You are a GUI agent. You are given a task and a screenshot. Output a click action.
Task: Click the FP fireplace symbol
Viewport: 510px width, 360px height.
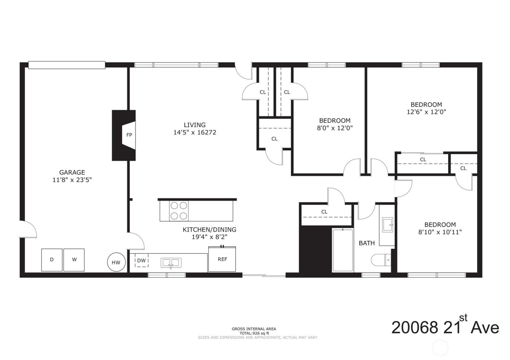(x=129, y=135)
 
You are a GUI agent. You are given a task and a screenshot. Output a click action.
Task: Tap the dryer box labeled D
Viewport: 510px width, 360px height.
(x=52, y=260)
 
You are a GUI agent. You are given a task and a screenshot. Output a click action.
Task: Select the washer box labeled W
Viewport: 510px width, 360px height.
(x=74, y=260)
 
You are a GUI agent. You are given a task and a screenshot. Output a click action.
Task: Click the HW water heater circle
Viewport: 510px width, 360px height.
(x=116, y=262)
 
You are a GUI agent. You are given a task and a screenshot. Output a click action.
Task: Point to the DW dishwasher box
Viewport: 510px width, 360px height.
(x=141, y=261)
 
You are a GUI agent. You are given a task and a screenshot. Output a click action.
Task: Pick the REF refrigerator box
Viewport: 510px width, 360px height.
(x=222, y=259)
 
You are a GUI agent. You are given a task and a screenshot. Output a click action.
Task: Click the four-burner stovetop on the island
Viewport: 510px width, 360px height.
(x=178, y=211)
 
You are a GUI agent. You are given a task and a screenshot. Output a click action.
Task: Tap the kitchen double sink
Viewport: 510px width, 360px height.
(x=171, y=262)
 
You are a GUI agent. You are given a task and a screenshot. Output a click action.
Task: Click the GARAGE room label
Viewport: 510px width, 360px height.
(x=72, y=173)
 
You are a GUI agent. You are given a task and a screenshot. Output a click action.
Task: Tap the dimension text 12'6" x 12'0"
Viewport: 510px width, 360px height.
(x=426, y=112)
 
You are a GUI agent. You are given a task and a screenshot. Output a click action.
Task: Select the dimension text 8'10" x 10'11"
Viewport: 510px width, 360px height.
(x=440, y=232)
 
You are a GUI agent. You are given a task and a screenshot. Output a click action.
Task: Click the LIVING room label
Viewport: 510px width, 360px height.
(x=195, y=125)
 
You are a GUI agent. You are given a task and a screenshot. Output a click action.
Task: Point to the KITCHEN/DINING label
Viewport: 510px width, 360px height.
(x=209, y=230)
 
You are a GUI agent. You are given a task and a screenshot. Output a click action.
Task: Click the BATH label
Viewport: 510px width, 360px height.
(x=366, y=243)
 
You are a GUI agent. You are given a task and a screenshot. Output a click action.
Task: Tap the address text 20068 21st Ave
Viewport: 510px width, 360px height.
(x=445, y=327)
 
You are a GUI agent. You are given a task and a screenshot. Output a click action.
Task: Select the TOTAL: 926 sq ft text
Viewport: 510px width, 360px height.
(x=254, y=333)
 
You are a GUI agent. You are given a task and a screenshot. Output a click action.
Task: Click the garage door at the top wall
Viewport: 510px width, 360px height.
(x=67, y=65)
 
